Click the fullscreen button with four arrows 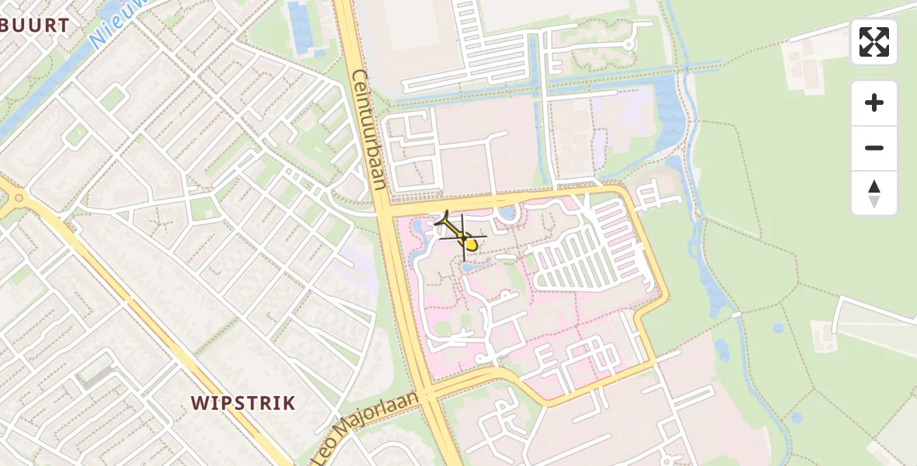pos(874,42)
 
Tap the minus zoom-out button pos(874,148)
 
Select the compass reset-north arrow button pos(874,193)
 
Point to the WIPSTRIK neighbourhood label pos(243,403)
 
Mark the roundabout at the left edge pos(17,198)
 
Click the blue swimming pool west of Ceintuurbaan pos(298,23)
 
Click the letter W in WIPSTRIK pos(199,403)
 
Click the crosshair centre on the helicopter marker pos(464,237)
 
